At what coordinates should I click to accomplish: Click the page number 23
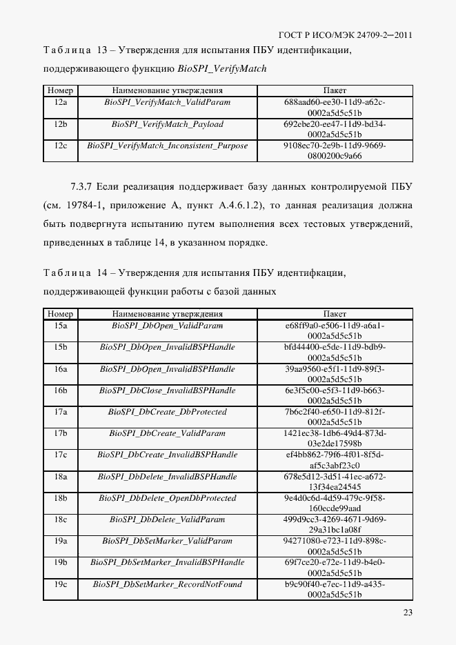[x=407, y=612]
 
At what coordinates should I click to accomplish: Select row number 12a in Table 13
[x=60, y=102]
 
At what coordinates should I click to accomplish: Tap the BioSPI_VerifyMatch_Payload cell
[x=167, y=124]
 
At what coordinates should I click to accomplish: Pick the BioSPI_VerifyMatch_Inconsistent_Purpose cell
[x=167, y=146]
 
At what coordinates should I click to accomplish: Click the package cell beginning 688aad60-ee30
[x=335, y=107]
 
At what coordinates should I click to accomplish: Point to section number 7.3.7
[x=81, y=186]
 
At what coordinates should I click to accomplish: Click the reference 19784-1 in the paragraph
[x=83, y=205]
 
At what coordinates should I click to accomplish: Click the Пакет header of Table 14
[x=335, y=314]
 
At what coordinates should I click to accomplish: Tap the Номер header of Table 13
[x=60, y=90]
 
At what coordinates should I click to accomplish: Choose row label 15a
[x=60, y=326]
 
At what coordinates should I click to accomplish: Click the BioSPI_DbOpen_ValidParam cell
[x=167, y=326]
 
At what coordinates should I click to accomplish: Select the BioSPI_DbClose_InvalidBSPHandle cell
[x=167, y=390]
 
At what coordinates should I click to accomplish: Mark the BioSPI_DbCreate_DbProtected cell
[x=167, y=412]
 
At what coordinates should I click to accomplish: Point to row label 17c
[x=60, y=455]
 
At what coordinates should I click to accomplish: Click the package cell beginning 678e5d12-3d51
[x=335, y=482]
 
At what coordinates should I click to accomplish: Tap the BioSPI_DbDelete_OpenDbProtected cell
[x=167, y=498]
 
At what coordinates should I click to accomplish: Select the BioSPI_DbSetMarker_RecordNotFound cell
[x=167, y=584]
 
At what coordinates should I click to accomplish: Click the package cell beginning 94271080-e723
[x=335, y=546]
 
